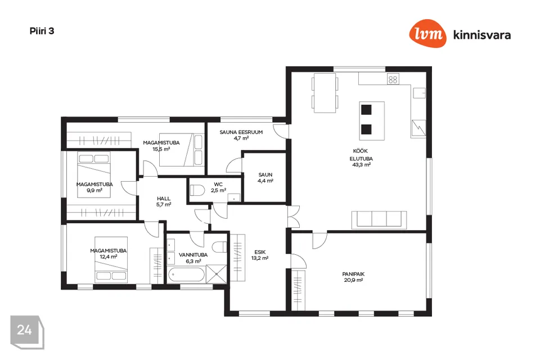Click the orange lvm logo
pos(427,33)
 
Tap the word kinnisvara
pos(482,35)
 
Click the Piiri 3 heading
pos(42,31)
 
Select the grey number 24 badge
pos(27,332)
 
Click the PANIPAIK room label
pos(353,274)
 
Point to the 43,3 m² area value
pos(361,165)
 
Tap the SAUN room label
pos(265,175)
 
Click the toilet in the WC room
pos(197,190)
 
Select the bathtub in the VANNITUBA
pos(186,275)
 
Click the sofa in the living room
pos(379,220)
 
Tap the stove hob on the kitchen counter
pos(393,79)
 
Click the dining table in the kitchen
pos(325,93)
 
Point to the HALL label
pos(164,199)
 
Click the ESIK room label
pos(260,252)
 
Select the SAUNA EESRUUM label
pos(241,132)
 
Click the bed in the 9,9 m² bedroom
pos(94,175)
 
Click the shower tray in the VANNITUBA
pos(217,274)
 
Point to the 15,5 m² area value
pos(161,149)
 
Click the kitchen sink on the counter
pos(419,93)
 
